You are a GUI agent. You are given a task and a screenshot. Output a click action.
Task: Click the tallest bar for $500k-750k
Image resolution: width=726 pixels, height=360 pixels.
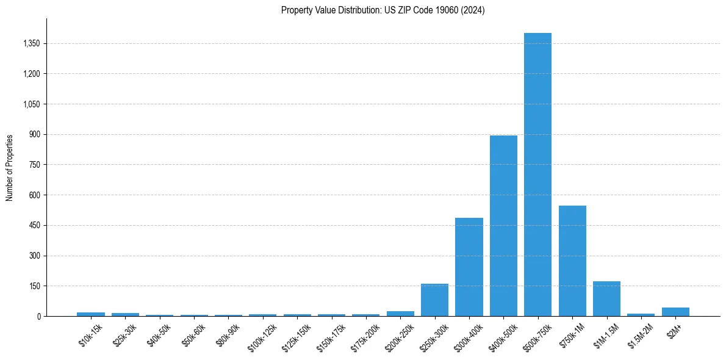[537, 175]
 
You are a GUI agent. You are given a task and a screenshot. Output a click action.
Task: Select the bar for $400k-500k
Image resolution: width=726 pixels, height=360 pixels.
[503, 226]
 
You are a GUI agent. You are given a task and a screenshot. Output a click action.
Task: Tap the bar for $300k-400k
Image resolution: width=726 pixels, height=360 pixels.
[469, 267]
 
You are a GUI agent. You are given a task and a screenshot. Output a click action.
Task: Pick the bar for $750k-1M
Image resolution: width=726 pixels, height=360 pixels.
[572, 261]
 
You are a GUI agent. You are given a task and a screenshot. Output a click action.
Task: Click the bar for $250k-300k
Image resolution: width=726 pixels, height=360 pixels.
[434, 300]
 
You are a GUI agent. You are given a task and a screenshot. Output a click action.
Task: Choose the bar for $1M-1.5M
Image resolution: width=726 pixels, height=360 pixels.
[606, 298]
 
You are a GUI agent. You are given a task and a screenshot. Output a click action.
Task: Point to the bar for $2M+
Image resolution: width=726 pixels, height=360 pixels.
[675, 312]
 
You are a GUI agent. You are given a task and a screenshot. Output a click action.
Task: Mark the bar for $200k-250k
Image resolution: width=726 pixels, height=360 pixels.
[400, 314]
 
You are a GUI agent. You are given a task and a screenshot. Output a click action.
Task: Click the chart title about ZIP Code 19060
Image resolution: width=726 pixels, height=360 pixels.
[383, 10]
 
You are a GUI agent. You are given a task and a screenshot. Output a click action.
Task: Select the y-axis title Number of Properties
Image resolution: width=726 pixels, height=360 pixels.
[10, 167]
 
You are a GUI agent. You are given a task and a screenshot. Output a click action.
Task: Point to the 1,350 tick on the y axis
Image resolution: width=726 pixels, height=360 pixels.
[30, 43]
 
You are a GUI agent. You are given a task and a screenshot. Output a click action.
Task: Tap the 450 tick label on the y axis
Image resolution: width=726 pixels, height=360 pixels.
[34, 225]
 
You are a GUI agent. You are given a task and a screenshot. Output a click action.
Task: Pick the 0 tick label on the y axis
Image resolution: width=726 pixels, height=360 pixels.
[38, 316]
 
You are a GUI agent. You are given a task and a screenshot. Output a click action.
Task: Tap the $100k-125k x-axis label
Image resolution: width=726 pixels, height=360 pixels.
[262, 337]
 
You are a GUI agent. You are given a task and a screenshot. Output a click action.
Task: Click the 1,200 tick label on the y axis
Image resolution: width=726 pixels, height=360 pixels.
[30, 74]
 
